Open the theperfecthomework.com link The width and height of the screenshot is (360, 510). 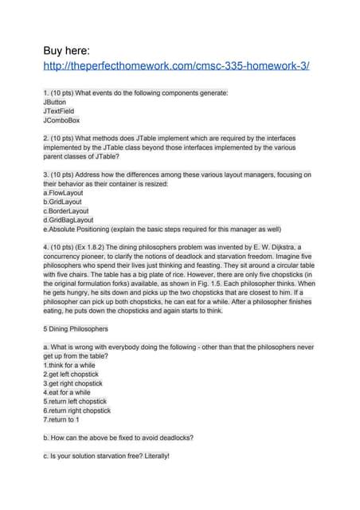click(x=176, y=65)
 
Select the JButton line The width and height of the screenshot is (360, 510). click(x=56, y=102)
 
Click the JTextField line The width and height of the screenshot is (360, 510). click(x=60, y=112)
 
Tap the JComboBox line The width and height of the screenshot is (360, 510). click(x=61, y=121)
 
